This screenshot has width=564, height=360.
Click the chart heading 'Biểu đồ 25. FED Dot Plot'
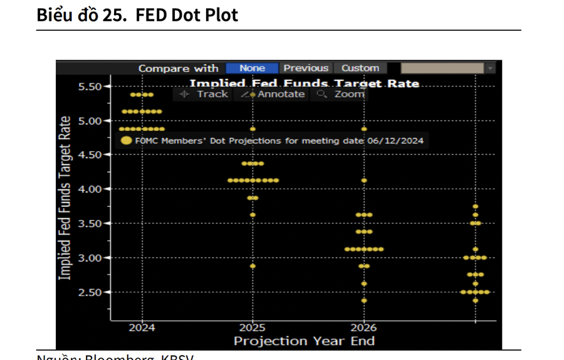[137, 15]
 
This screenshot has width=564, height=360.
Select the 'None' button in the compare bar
[252, 68]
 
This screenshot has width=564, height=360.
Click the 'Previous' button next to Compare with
[305, 68]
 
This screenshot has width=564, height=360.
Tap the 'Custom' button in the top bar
[360, 68]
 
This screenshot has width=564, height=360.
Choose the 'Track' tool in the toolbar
[204, 94]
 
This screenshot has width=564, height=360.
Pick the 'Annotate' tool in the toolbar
[273, 94]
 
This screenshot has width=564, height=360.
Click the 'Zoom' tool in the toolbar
[342, 94]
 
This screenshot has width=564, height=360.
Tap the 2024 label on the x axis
[142, 327]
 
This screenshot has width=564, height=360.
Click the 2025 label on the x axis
[253, 327]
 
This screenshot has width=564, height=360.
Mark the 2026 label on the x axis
[363, 327]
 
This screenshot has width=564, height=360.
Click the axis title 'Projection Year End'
[304, 341]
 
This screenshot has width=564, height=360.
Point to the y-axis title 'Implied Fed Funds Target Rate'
[64, 198]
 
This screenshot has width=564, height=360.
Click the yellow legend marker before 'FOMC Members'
[127, 140]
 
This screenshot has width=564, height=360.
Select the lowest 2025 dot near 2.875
[253, 266]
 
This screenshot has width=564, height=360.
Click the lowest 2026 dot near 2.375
[364, 300]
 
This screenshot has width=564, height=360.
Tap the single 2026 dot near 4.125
[364, 181]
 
